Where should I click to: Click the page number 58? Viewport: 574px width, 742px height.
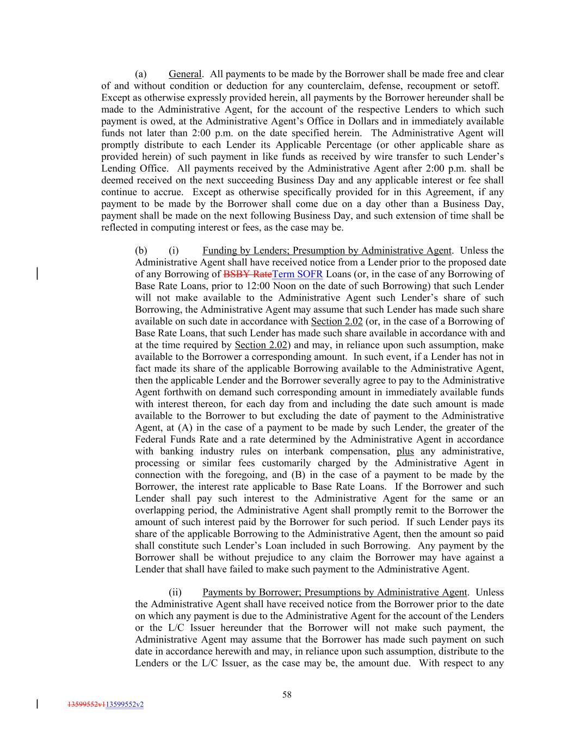coord(287,694)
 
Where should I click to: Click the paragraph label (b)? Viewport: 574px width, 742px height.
coord(141,251)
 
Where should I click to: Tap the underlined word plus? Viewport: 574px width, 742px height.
coord(405,451)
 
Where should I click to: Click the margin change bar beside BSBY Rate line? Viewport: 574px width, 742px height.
coord(37,273)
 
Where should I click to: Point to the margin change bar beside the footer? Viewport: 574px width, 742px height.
coord(37,704)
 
